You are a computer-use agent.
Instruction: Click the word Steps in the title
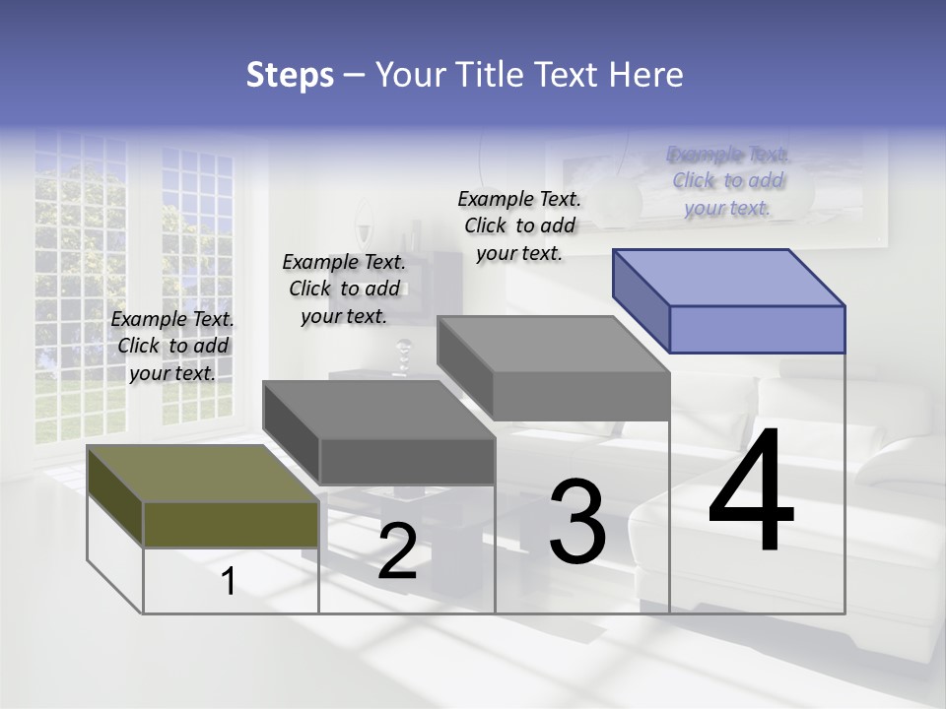pyautogui.click(x=290, y=75)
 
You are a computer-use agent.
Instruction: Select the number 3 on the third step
pyautogui.click(x=576, y=521)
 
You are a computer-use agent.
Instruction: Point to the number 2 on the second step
pyautogui.click(x=397, y=551)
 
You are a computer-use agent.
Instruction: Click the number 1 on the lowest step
pyautogui.click(x=229, y=582)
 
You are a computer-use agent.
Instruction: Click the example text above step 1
pyautogui.click(x=172, y=346)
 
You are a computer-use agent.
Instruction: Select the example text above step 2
pyautogui.click(x=344, y=289)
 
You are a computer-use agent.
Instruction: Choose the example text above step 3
pyautogui.click(x=519, y=226)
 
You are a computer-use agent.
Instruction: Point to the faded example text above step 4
pyautogui.click(x=728, y=180)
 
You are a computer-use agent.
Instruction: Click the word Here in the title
pyautogui.click(x=646, y=75)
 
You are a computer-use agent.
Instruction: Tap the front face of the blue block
pyautogui.click(x=757, y=329)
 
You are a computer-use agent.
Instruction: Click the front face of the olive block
pyautogui.click(x=231, y=524)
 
